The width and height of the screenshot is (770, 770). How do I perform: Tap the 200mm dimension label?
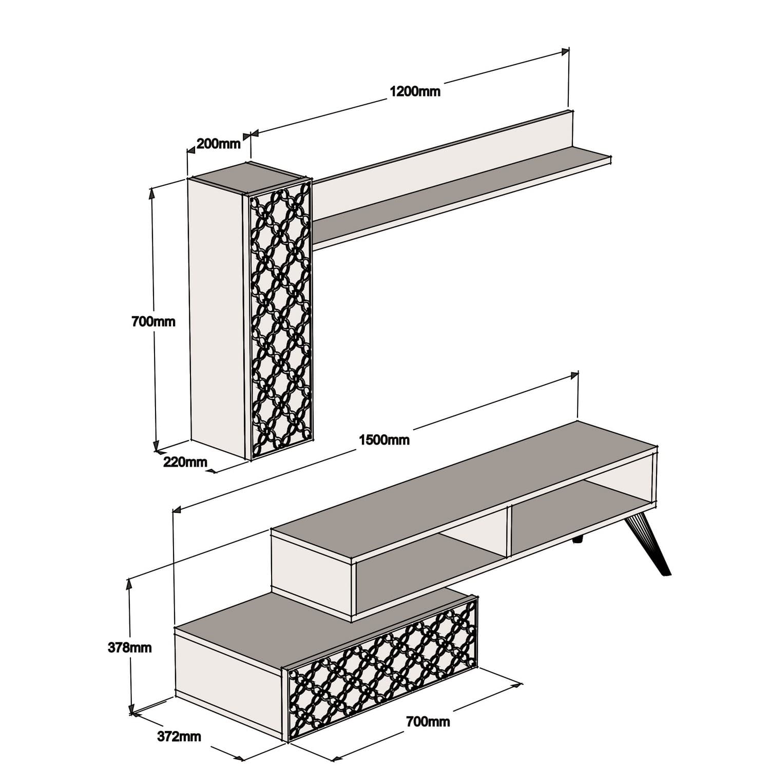pyautogui.click(x=218, y=144)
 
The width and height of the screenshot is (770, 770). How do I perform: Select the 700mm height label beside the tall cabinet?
pyautogui.click(x=153, y=322)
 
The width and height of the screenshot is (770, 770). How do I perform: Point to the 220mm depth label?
pyautogui.click(x=185, y=462)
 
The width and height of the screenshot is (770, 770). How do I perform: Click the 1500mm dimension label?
pyautogui.click(x=384, y=440)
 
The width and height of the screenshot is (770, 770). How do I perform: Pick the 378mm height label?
pyautogui.click(x=129, y=648)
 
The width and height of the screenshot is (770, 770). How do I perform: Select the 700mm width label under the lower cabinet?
pyautogui.click(x=428, y=722)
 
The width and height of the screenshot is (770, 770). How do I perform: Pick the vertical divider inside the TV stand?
pyautogui.click(x=508, y=531)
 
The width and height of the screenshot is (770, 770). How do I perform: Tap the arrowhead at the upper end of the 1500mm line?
pyautogui.click(x=575, y=376)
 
